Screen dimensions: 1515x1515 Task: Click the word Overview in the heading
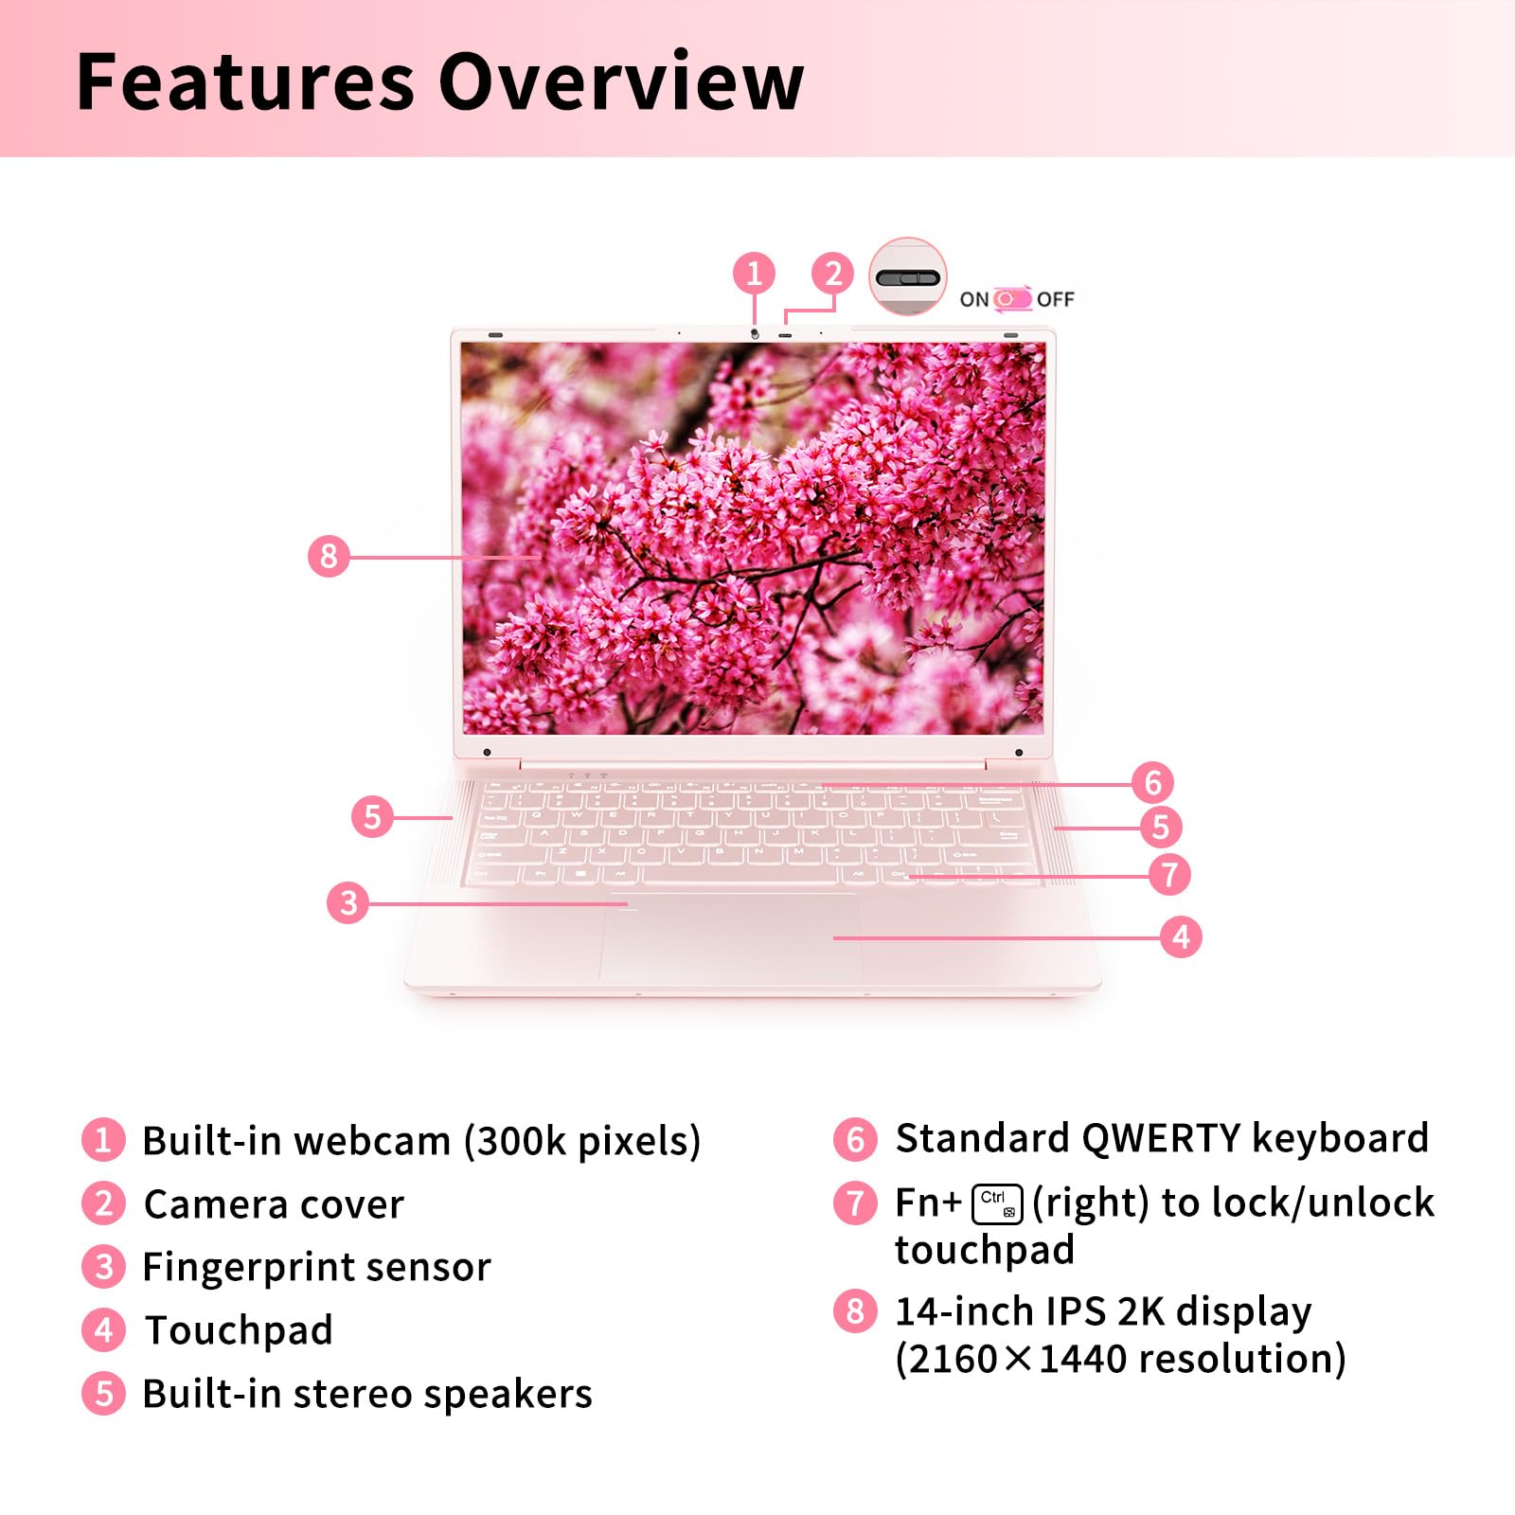click(x=620, y=81)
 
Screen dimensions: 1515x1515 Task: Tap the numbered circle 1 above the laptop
click(x=754, y=274)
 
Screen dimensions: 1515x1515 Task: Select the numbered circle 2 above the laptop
click(x=833, y=274)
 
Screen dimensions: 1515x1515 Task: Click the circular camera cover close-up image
click(x=908, y=276)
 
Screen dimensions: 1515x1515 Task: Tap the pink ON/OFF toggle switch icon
click(x=1012, y=299)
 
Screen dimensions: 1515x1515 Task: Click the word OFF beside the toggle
click(x=1056, y=299)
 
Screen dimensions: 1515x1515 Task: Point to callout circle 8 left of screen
click(x=329, y=556)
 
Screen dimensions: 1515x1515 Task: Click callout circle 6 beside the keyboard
click(x=1153, y=782)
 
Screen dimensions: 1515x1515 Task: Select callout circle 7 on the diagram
click(x=1169, y=874)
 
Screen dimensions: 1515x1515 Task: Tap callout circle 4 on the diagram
click(x=1181, y=936)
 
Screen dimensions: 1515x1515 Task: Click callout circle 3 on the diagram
click(x=348, y=902)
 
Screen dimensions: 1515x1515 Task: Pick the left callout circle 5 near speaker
click(x=372, y=816)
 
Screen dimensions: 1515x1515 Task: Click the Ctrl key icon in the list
click(x=997, y=1203)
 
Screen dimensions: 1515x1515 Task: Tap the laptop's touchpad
click(x=730, y=937)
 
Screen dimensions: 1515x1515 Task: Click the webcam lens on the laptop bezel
click(x=755, y=334)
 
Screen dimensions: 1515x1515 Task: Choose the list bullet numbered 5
click(x=103, y=1394)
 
